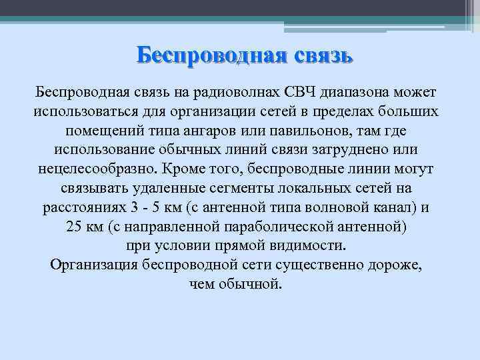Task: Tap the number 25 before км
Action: click(x=75, y=227)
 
